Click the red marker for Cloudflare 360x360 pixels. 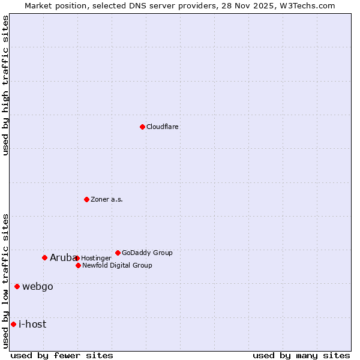[142, 127]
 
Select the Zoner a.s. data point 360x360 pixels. [86, 199]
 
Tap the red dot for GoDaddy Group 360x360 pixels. [118, 253]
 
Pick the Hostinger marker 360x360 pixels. [77, 258]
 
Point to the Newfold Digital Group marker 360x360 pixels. [78, 265]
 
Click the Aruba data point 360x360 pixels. [44, 257]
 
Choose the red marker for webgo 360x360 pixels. [17, 286]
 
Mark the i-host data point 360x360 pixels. [13, 324]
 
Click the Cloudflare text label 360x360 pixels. [163, 127]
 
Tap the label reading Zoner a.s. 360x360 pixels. [107, 200]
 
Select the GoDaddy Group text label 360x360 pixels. [147, 253]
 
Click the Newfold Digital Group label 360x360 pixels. [117, 265]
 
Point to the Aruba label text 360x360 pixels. [62, 258]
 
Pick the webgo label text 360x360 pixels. [38, 287]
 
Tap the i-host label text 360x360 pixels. [32, 325]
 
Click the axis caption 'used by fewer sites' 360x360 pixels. [62, 355]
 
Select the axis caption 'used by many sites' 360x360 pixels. [301, 355]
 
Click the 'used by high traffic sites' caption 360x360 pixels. [6, 85]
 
